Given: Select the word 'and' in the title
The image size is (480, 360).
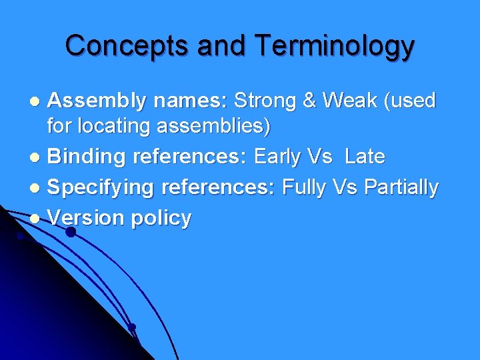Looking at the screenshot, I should pos(215,46).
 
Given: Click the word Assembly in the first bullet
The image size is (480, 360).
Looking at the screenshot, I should pos(97,101).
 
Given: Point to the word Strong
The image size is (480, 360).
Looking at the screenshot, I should pos(264,101).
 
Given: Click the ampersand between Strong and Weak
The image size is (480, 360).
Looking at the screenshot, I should pos(309,101).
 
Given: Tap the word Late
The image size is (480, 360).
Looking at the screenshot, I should pos(365,157).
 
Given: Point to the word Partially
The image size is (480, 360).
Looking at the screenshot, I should pos(401,188).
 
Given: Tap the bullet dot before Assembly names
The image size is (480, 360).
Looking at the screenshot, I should pos(38,102).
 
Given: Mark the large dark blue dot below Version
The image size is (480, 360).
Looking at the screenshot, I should pos(70,233).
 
